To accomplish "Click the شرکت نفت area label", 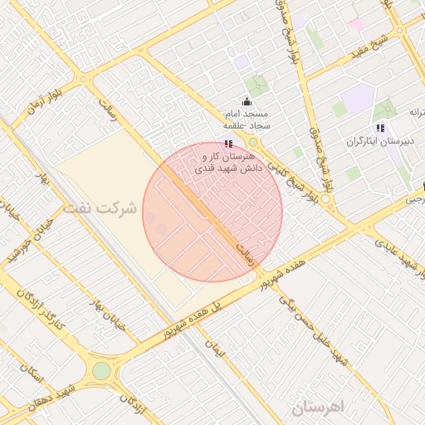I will (x=104, y=208).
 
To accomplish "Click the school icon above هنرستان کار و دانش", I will (x=229, y=144).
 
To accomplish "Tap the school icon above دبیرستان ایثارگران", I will (x=379, y=128).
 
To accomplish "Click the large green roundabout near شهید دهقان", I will (x=100, y=371).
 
